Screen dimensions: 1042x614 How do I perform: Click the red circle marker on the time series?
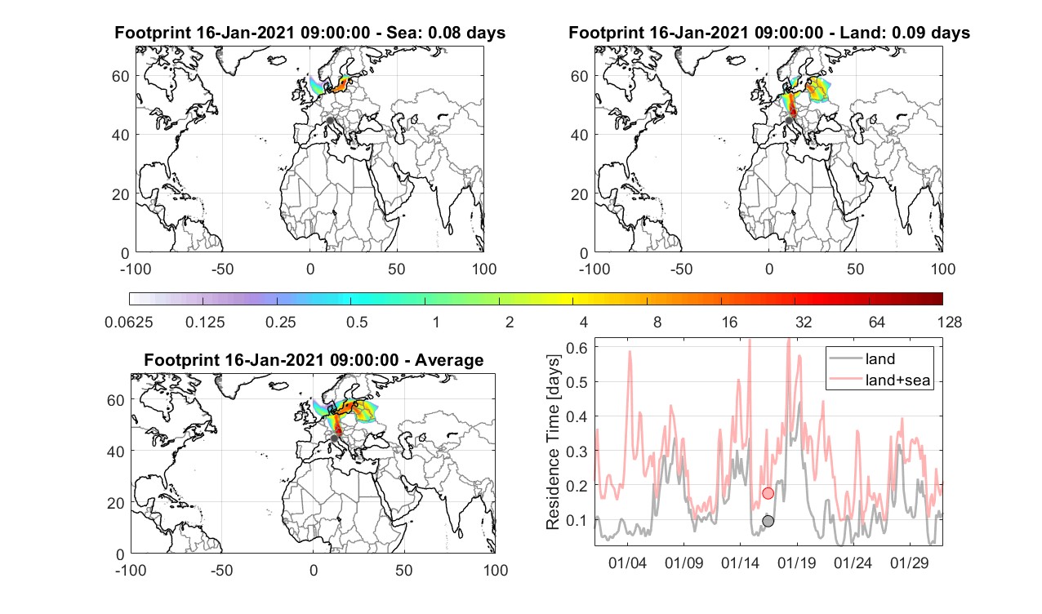click(x=768, y=493)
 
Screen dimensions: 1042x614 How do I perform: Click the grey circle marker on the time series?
click(x=768, y=521)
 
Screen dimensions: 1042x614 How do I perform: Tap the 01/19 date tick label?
click(x=796, y=563)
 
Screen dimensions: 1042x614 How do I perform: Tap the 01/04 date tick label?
click(x=627, y=563)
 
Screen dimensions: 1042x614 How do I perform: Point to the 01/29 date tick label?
click(x=909, y=563)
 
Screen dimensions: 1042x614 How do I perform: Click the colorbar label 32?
click(x=804, y=323)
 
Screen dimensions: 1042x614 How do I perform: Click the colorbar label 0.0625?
click(x=129, y=323)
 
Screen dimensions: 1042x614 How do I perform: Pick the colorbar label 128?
click(x=949, y=323)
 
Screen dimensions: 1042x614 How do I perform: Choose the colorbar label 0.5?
click(x=357, y=323)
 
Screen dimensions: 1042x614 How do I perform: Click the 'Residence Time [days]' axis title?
click(x=553, y=443)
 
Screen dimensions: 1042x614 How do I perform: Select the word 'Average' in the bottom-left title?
click(x=449, y=360)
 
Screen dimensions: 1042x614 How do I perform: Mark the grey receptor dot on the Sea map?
click(x=330, y=121)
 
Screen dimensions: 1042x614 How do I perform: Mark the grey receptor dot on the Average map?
click(x=334, y=438)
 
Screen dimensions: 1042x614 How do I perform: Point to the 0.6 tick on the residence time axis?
click(x=576, y=348)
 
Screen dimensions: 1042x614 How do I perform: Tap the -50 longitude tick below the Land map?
click(x=682, y=269)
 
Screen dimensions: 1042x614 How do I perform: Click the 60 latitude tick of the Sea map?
click(x=120, y=76)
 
